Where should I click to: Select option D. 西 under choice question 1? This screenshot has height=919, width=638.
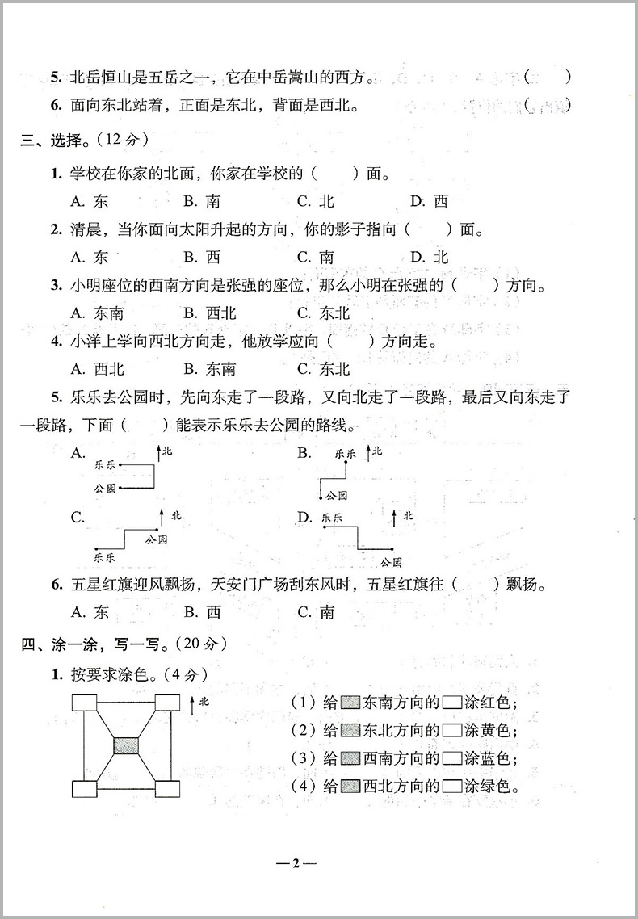tap(429, 202)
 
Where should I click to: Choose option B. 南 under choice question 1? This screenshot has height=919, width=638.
tap(202, 202)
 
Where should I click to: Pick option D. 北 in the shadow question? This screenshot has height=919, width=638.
tap(429, 258)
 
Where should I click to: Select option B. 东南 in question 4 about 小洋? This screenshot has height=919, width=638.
tap(209, 369)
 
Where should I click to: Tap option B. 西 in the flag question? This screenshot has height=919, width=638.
tap(202, 612)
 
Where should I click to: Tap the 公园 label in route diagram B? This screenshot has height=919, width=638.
tap(337, 495)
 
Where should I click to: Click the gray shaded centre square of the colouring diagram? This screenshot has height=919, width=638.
tap(126, 745)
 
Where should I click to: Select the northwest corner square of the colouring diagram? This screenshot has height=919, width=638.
tap(83, 703)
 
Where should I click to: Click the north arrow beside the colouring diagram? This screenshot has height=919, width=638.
tap(191, 705)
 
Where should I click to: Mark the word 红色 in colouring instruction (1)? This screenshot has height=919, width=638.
tap(498, 703)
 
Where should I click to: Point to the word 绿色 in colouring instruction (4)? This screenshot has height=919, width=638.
tap(498, 786)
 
